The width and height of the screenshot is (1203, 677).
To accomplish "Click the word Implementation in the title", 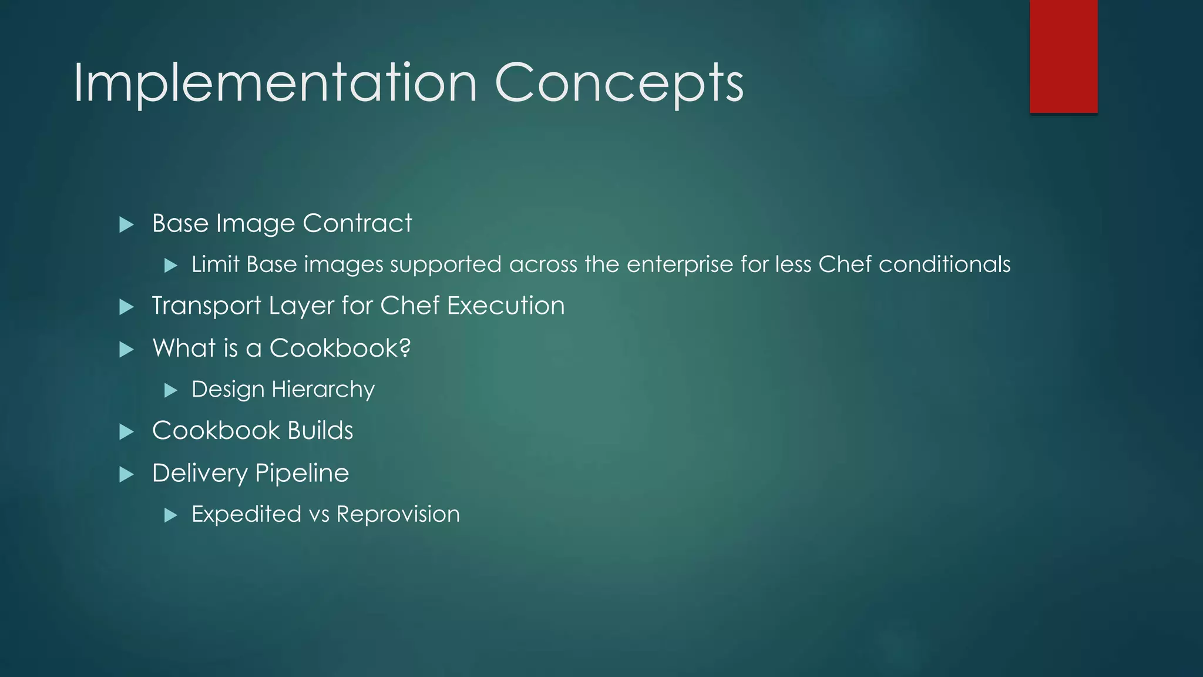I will [275, 83].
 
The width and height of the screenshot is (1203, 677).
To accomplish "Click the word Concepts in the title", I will [619, 83].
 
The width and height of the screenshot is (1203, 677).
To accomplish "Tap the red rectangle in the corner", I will [1063, 56].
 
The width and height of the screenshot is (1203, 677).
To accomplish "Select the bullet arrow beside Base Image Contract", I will [126, 224].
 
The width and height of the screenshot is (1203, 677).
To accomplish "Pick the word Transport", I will [206, 306].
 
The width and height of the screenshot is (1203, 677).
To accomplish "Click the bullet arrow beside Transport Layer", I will [126, 307].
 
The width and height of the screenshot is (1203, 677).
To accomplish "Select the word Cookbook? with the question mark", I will [340, 348].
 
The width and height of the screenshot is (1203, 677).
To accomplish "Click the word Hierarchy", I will [323, 390].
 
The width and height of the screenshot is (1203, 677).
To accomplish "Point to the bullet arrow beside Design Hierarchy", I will [171, 390].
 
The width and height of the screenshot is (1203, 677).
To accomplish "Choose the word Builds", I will [320, 431].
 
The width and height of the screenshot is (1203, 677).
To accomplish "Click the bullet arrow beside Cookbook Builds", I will [126, 432].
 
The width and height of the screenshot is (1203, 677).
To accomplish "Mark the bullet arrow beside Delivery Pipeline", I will [126, 474].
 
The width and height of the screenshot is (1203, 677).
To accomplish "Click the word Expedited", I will [247, 515].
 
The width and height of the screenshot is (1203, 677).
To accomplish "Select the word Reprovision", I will [398, 515].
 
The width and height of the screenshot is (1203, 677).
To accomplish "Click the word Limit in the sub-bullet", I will [215, 264].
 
